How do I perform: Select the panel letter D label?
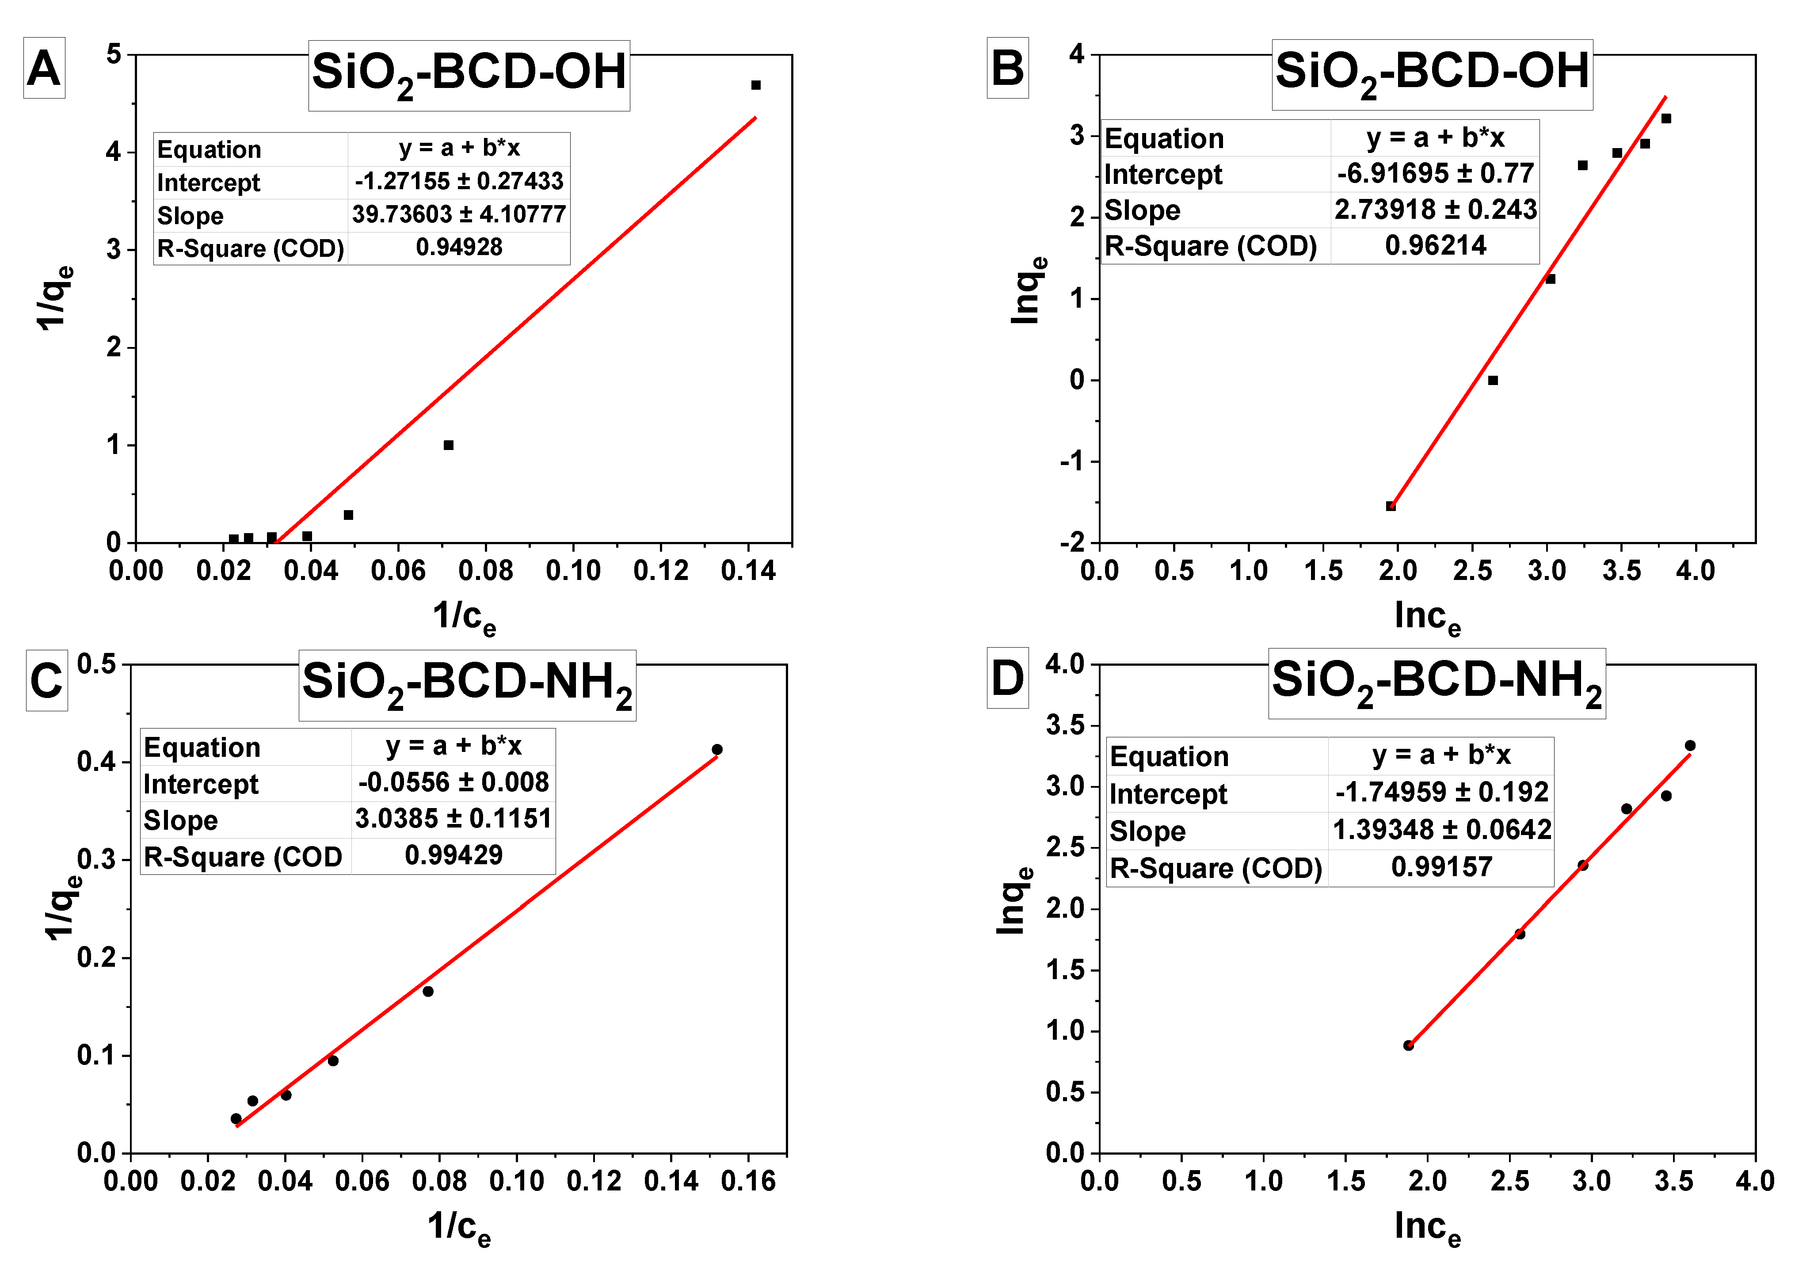pos(1007,678)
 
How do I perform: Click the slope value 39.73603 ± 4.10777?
pos(459,214)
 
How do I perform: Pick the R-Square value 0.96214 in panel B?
pos(1435,245)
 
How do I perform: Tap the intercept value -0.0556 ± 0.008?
pos(453,782)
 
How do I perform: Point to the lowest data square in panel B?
pos(1391,506)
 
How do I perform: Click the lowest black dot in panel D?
pos(1409,1045)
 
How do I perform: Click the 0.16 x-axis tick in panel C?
pos(748,1181)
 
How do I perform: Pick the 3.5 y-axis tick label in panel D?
pos(1064,725)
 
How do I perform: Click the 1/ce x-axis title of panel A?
pos(464,617)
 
